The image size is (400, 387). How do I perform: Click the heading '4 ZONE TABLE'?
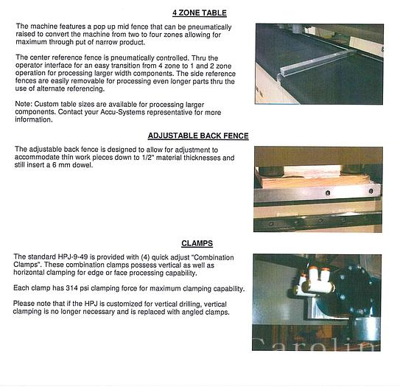click(x=199, y=13)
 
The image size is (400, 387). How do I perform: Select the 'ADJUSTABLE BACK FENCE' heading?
click(x=197, y=136)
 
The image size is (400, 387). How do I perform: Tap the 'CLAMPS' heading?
click(x=197, y=243)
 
